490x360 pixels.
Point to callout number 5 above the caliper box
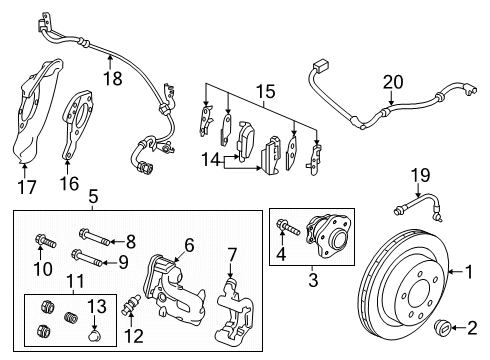(92, 197)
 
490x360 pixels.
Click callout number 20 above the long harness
(393, 81)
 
